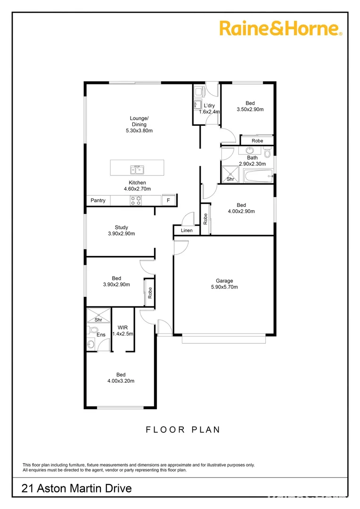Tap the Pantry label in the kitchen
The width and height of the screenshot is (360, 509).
98,201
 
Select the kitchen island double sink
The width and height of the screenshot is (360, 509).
137,168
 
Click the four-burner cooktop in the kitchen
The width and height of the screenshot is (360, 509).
136,201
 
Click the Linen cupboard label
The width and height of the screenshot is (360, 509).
187,230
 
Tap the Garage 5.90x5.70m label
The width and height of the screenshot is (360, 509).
224,284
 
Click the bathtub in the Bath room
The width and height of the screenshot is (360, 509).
258,177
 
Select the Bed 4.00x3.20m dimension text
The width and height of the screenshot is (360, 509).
121,381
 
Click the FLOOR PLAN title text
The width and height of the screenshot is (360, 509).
183,429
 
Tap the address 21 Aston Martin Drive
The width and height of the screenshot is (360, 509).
77,489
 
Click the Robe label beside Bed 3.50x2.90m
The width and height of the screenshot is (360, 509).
257,141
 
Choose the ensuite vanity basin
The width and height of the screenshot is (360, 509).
91,345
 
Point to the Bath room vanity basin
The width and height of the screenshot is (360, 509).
248,151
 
